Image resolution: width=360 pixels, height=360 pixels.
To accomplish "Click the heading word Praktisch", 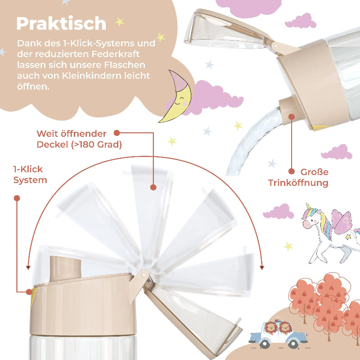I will coord(61,23).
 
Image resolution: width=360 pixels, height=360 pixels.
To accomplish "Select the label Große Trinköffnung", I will coord(299,177).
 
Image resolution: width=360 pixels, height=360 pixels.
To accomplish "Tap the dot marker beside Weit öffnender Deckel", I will coord(117,133).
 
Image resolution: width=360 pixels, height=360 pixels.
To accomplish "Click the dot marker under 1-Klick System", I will coord(17,198).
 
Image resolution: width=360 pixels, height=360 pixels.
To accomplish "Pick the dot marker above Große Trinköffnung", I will coord(292,117).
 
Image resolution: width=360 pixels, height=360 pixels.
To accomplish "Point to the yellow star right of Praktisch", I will coord(119,22).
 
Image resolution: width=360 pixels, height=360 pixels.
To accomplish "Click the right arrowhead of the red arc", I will coord(262,267).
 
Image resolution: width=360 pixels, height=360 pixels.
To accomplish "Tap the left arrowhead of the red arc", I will coord(28,267).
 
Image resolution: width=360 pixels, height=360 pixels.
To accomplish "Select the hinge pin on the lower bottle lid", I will coord(144,273).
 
